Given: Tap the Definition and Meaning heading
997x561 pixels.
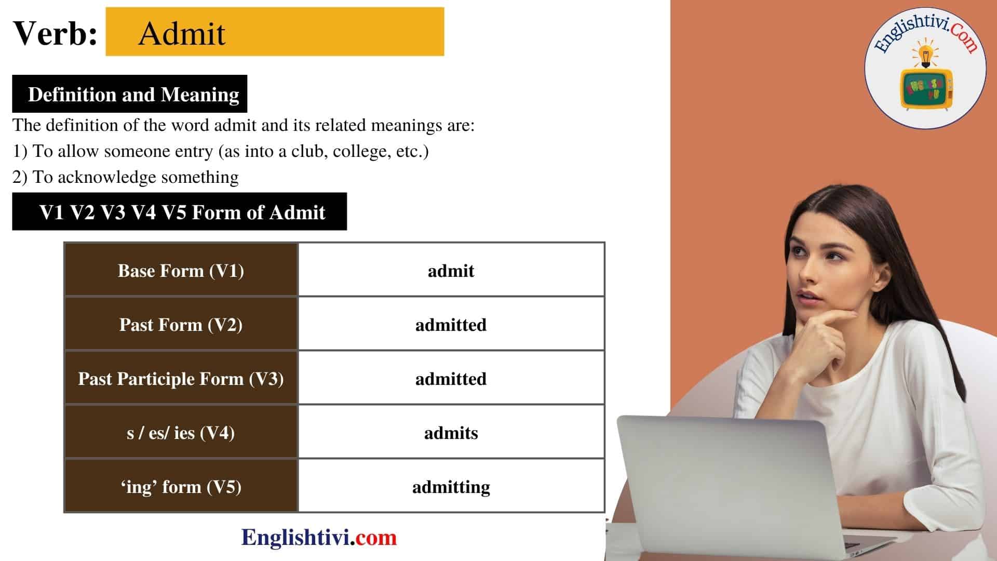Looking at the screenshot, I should point(133,95).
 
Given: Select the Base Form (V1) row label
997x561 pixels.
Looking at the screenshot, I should point(181,271).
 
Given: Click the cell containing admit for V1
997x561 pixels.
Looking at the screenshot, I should point(451,271).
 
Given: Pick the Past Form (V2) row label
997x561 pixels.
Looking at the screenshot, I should point(181,325).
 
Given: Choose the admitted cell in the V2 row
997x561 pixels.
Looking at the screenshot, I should point(451,325).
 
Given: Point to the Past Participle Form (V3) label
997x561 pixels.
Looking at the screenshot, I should point(181,379).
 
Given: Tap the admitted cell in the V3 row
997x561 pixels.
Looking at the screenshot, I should point(451,379).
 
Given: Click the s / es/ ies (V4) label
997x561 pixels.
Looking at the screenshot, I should point(181,433).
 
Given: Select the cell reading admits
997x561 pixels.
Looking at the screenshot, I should point(451,433).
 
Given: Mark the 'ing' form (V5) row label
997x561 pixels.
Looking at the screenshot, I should point(181,487).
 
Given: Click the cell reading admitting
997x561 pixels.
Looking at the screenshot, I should point(451,487).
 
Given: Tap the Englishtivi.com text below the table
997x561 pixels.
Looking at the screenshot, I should point(319,538).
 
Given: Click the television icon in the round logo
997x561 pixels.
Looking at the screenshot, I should point(926,89).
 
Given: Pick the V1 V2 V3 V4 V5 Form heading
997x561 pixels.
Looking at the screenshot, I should point(182,212).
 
